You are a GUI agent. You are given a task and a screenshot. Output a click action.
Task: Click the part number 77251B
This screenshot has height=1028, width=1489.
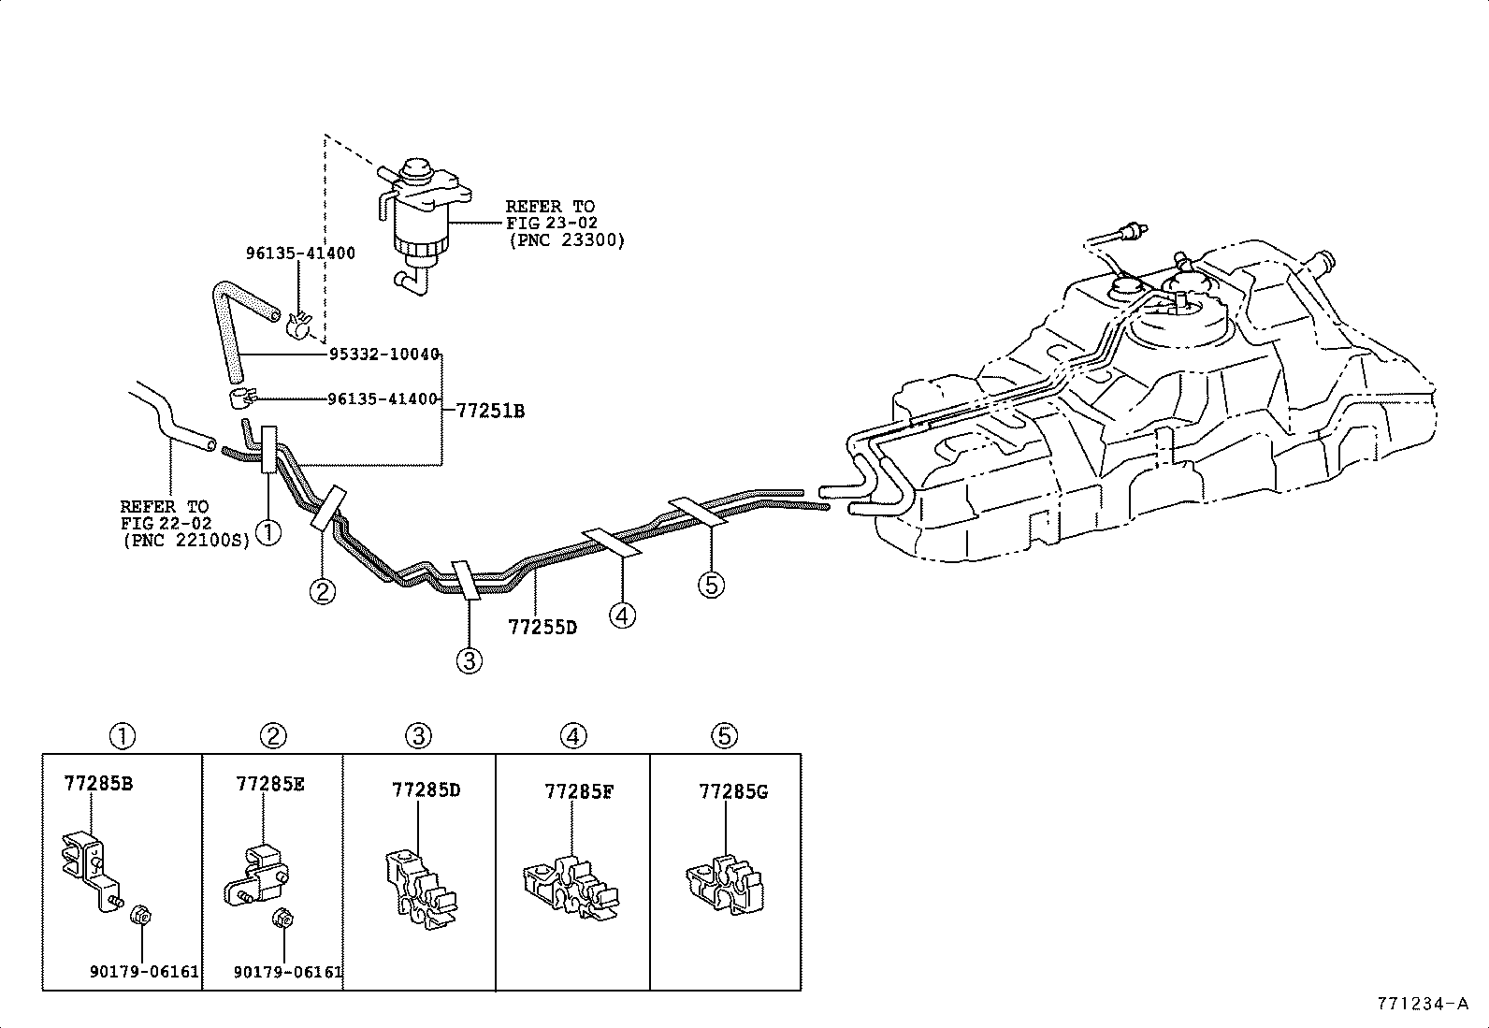click(489, 411)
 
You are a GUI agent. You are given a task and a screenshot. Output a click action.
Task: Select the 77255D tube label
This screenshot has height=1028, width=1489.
click(542, 627)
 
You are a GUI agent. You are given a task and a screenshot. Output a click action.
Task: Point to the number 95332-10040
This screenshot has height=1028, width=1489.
click(383, 355)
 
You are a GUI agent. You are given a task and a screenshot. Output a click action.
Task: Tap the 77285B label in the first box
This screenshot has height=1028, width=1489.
click(98, 784)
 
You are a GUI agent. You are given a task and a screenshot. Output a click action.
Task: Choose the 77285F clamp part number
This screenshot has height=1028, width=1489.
click(579, 792)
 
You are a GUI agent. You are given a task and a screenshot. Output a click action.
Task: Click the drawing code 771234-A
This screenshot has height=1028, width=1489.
click(1422, 1005)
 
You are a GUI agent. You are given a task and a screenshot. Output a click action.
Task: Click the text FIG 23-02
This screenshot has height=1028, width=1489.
click(551, 223)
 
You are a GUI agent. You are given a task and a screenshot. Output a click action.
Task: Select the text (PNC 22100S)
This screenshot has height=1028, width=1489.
click(186, 540)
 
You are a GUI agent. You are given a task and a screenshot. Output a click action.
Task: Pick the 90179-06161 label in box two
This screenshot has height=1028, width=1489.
click(288, 972)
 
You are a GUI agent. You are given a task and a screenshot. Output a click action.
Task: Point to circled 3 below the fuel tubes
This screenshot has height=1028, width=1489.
click(470, 661)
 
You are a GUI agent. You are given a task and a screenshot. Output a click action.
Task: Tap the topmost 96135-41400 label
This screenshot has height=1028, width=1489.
click(300, 253)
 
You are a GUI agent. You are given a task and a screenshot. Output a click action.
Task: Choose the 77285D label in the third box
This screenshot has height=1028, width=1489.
click(426, 790)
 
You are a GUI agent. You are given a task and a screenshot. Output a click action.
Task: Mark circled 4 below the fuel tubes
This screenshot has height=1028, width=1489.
click(622, 615)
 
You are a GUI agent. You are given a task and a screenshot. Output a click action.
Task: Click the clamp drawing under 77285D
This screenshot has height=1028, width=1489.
click(419, 889)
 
